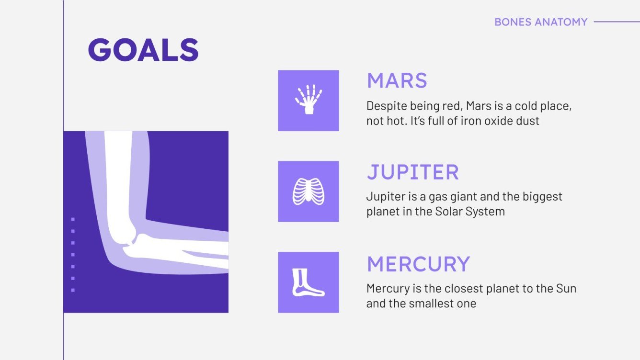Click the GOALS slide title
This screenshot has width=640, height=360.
143,50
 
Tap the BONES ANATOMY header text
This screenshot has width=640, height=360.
540,22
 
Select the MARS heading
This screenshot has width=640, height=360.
397,81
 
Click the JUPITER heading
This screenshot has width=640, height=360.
412,172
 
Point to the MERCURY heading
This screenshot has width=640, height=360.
418,264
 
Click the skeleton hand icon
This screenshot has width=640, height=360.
308,100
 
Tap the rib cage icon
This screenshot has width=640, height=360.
308,191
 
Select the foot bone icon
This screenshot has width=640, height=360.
308,282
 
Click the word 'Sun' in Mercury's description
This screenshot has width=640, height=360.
566,289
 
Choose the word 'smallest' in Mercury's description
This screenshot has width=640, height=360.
430,304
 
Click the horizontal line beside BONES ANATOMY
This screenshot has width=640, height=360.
616,22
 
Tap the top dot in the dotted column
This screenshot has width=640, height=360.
73,219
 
